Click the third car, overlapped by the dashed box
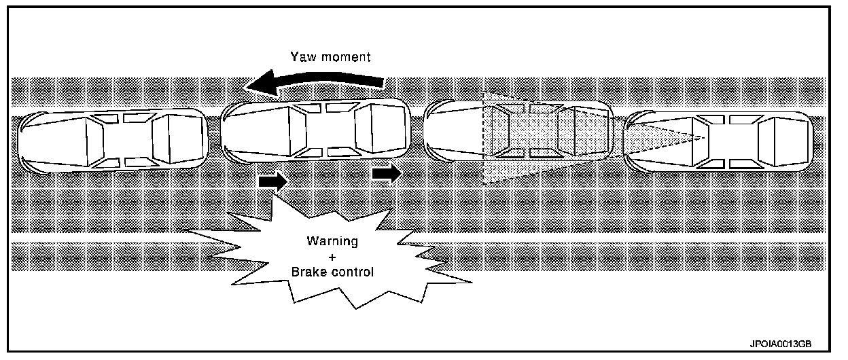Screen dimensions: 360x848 point(516,131)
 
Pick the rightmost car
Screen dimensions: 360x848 point(718,141)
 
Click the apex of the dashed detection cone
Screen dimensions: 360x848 point(705,139)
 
